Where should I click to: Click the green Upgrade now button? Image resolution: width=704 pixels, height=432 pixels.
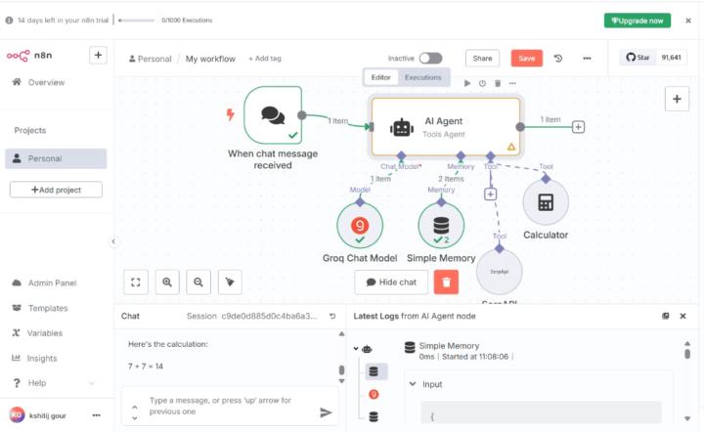point(638,20)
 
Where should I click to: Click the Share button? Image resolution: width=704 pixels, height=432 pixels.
point(481,59)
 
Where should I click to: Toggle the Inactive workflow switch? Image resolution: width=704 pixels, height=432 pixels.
point(430,59)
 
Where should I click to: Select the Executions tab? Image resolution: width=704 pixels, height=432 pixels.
point(423,77)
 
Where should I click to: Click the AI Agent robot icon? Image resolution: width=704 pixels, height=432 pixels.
point(402,127)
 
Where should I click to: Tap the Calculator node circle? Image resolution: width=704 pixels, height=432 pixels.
point(546,202)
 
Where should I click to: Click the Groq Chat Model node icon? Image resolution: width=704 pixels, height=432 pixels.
point(360,225)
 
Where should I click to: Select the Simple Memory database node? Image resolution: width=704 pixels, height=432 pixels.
point(441,225)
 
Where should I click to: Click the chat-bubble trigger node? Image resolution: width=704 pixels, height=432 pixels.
point(273,115)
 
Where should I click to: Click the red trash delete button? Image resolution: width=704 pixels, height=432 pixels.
point(445,282)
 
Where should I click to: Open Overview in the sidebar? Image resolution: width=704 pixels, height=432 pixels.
point(46,82)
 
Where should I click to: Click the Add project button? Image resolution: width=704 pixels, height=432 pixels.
point(56,190)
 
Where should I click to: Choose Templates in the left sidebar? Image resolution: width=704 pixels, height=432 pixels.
point(48,308)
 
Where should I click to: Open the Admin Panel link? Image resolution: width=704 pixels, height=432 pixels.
point(52,282)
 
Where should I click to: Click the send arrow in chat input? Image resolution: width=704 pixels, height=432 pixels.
point(326,412)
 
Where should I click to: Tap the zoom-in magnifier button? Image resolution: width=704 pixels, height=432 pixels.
point(167,282)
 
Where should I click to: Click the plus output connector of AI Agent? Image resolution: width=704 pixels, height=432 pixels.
point(579,126)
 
